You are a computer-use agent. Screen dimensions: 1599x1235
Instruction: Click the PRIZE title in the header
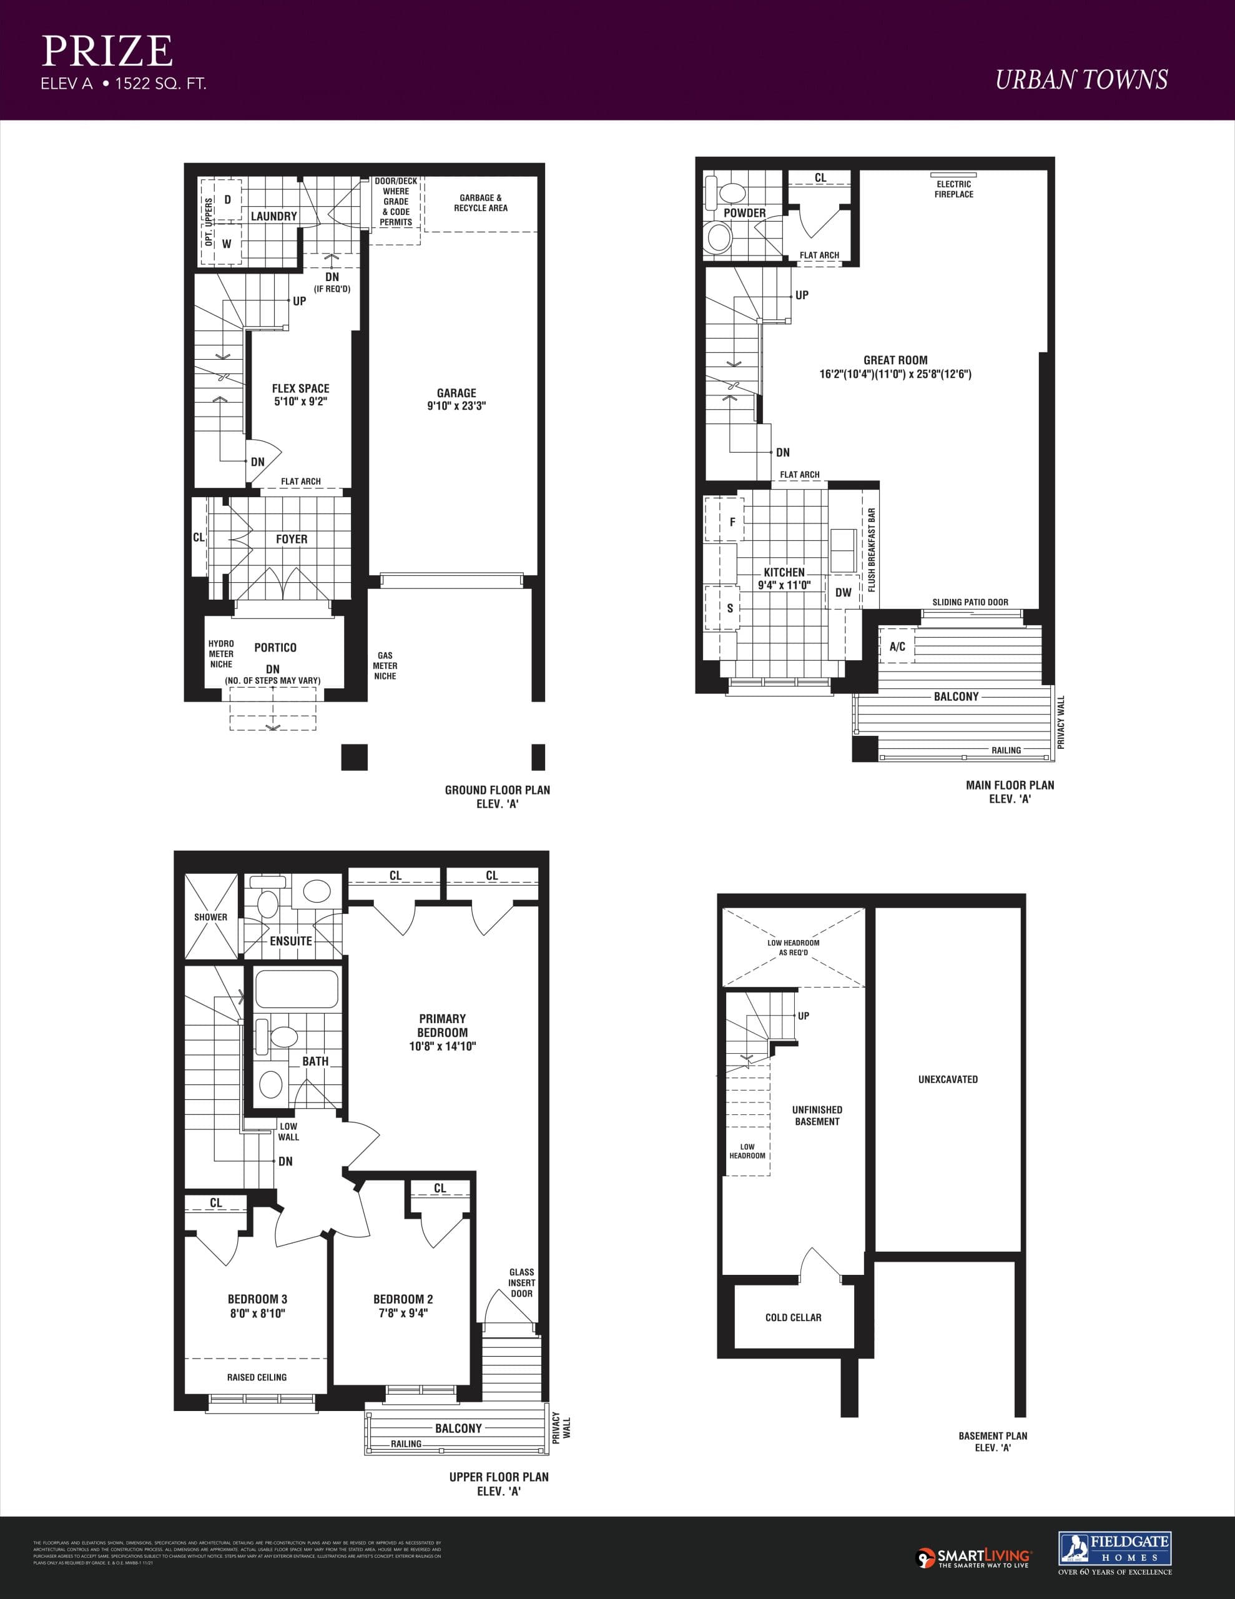point(107,51)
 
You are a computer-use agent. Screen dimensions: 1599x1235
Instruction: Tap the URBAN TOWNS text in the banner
point(1081,80)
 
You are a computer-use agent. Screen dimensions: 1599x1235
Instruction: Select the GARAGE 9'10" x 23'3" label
point(456,399)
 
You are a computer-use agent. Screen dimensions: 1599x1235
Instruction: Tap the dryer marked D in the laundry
point(227,200)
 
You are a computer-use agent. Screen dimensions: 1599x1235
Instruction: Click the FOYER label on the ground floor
point(292,539)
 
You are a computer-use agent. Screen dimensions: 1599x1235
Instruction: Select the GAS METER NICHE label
point(385,665)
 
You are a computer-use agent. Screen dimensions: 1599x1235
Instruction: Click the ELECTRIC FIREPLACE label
point(953,189)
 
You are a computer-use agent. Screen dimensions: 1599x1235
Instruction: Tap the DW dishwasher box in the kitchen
point(844,592)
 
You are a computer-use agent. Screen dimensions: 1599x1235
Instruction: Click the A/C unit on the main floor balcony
point(897,646)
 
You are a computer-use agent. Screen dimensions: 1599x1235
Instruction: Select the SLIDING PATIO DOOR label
point(970,602)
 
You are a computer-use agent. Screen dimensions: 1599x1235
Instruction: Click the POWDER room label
point(744,213)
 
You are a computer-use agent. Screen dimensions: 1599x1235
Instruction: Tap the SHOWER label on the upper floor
point(211,917)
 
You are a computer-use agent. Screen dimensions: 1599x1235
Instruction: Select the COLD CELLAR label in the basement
point(793,1317)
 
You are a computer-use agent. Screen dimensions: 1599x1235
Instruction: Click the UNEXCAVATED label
point(947,1079)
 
